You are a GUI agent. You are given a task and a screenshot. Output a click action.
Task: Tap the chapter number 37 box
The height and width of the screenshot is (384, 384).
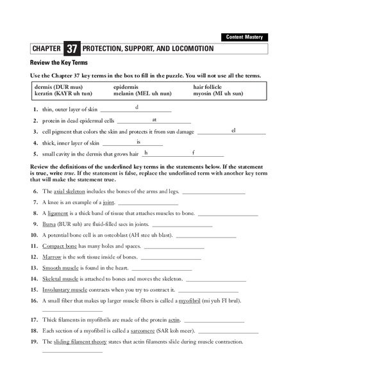[x=71, y=49]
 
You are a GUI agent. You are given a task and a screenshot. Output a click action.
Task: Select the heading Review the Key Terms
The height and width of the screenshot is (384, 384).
[x=59, y=63]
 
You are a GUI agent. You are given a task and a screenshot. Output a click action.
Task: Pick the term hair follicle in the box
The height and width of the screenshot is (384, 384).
[x=209, y=86]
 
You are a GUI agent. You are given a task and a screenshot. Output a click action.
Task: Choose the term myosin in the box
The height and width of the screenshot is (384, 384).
[x=203, y=93]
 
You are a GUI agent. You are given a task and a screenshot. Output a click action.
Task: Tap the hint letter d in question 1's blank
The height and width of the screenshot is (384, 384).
[x=137, y=107]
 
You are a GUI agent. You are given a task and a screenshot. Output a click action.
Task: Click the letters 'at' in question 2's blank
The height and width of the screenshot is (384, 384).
[x=154, y=119]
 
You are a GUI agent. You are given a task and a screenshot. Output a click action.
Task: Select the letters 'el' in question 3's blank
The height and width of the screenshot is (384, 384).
[x=234, y=130]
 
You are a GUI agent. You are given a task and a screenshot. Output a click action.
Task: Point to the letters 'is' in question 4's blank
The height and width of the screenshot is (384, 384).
[x=138, y=141]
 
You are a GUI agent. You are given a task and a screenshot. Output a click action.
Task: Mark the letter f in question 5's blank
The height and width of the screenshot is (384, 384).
[x=193, y=152]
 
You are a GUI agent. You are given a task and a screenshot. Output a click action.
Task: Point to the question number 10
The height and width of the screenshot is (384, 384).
[x=35, y=235]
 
